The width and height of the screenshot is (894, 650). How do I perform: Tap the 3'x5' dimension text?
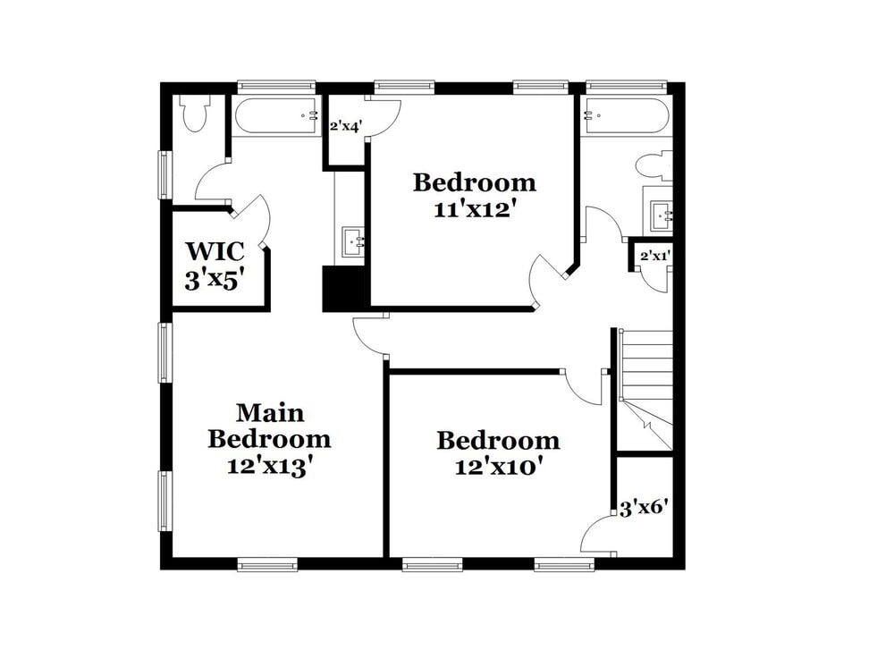[x=215, y=280]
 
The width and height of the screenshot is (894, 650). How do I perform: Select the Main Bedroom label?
[x=269, y=426]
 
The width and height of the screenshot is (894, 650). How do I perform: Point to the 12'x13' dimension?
[x=269, y=466]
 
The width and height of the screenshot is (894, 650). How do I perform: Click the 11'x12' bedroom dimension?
[x=474, y=209]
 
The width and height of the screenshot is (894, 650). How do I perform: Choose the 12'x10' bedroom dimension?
[x=498, y=467]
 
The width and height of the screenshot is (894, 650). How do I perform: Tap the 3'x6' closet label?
[x=644, y=510]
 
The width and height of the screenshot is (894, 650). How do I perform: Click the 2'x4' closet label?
[x=345, y=127]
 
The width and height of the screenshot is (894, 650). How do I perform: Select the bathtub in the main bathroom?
[x=276, y=115]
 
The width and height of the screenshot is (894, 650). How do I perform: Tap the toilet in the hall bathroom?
[x=654, y=165]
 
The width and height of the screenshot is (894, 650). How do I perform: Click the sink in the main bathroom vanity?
[x=352, y=241]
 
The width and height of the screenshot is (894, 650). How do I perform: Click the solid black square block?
[x=345, y=289]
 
